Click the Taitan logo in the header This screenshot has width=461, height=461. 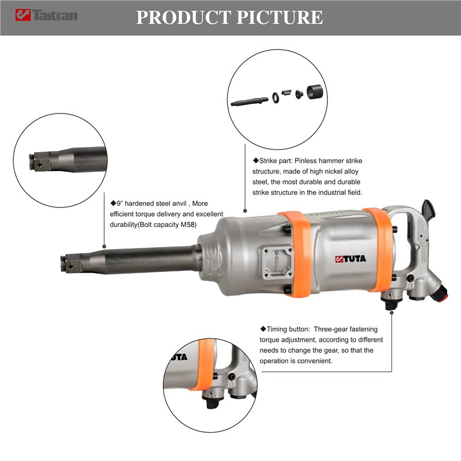pyautogui.click(x=47, y=15)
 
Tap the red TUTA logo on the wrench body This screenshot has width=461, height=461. pyautogui.click(x=350, y=259)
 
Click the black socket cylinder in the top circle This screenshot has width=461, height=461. pyautogui.click(x=315, y=92)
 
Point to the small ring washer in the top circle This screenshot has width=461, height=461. pyautogui.click(x=275, y=97)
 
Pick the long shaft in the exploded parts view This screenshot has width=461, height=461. pyautogui.click(x=250, y=101)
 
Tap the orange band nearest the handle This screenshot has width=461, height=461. pyautogui.click(x=377, y=250)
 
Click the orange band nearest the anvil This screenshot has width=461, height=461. pyautogui.click(x=296, y=254)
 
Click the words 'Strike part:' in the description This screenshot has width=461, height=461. pyautogui.click(x=276, y=161)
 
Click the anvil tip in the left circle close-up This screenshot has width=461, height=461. pyautogui.click(x=37, y=162)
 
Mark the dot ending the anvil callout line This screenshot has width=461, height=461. pyautogui.click(x=104, y=247)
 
